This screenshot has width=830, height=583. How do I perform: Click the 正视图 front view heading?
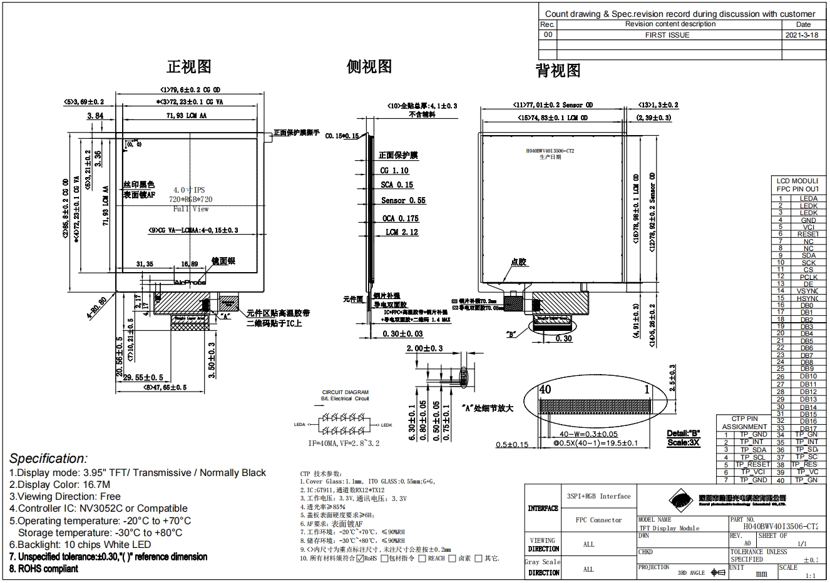coord(188,66)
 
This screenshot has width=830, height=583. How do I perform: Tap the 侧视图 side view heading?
coord(369,66)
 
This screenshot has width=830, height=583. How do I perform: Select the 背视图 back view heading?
coord(558,71)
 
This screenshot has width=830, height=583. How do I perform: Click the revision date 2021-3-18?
coord(801,35)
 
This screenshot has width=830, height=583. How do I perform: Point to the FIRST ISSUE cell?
coord(667,35)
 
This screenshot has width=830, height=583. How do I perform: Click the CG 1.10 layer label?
coord(394,170)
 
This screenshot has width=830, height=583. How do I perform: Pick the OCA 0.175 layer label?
coord(401,218)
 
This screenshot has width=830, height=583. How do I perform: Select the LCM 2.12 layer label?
coord(402,232)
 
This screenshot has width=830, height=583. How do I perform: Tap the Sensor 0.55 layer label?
coord(403,200)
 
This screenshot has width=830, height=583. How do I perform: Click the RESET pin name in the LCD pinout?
coord(807,234)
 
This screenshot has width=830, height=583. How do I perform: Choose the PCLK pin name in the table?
coord(808,276)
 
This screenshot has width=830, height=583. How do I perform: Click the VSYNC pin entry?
coord(807,291)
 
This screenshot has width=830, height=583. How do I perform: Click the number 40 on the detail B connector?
coord(545,389)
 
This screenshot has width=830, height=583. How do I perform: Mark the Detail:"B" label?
coord(684,433)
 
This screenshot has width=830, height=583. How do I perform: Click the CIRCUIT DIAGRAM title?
coord(346,392)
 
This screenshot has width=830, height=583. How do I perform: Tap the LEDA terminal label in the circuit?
coord(299,425)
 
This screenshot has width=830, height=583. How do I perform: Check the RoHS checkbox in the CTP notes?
coord(360,558)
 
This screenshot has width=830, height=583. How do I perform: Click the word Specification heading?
coord(48,459)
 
